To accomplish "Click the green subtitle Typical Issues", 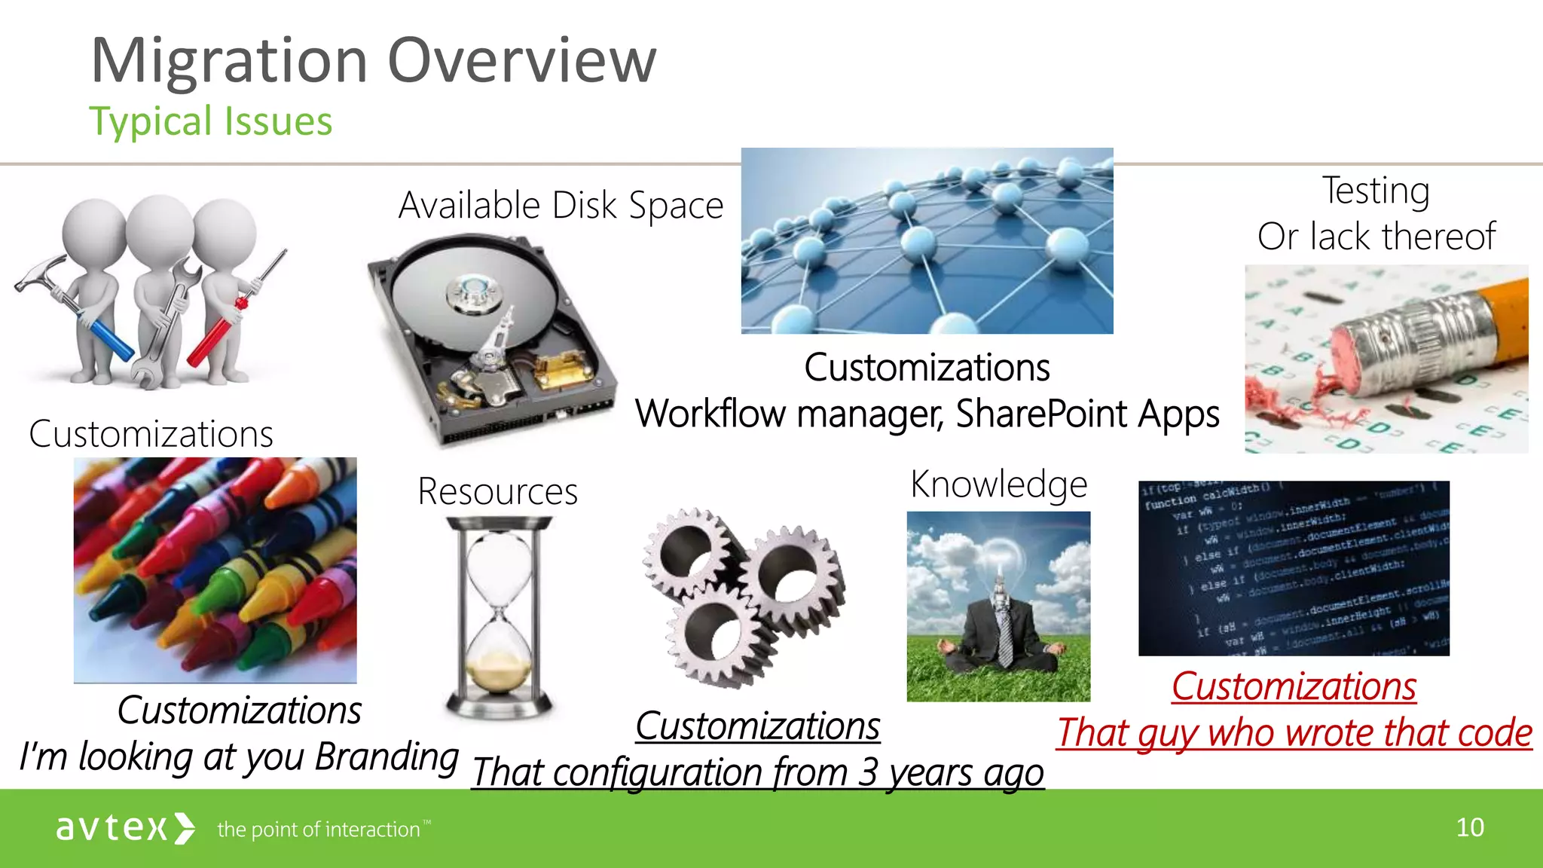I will pos(210,121).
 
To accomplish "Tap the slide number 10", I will pos(1469,827).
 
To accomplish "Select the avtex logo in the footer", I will pos(125,828).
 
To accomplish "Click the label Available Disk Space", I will pos(561,205).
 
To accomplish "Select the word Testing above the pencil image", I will pos(1376,191).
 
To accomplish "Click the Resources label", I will pos(497,491).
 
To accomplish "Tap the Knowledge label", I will pos(998,484).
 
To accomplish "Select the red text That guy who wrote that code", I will pos(1294,732).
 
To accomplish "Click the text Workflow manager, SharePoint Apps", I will pos(927,414).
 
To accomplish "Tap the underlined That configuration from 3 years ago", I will pos(757,772).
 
